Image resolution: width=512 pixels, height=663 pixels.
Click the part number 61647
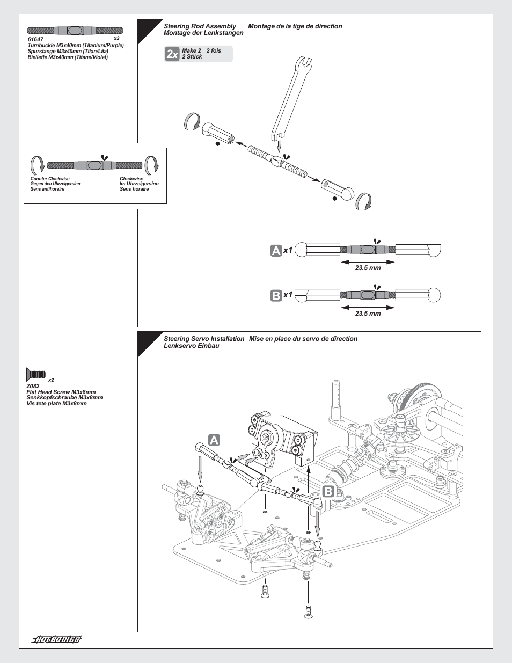coord(35,39)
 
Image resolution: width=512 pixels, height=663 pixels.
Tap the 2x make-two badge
coord(172,54)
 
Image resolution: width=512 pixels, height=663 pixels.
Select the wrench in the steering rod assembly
coord(290,99)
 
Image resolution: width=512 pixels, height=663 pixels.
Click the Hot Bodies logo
coord(57,639)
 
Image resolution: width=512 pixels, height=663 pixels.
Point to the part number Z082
coord(33,386)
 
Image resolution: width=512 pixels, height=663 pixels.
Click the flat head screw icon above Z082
coord(36,374)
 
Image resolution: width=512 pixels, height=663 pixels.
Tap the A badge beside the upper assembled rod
coord(276,250)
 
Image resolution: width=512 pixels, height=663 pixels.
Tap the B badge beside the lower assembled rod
coord(276,295)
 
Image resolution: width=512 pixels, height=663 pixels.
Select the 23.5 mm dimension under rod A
coord(368,268)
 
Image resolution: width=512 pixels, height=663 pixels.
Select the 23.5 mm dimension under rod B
coord(368,314)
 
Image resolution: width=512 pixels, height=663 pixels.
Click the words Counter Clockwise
coord(50,179)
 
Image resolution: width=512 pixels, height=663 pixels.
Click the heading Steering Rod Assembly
coord(200,26)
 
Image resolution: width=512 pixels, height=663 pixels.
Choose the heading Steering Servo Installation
coord(204,339)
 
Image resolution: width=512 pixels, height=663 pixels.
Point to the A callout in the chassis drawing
coord(214,440)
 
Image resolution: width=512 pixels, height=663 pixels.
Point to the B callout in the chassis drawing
coord(328,491)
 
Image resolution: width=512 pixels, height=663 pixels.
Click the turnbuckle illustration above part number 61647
coord(75,31)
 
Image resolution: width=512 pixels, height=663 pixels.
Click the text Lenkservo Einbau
coord(191,346)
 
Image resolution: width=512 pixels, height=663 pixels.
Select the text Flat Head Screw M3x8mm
coord(61,392)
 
